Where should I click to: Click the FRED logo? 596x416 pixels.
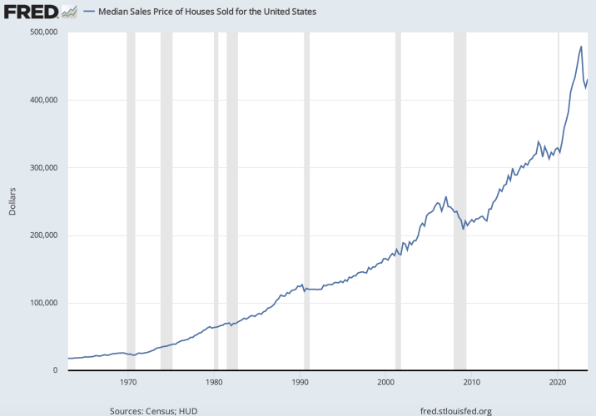pos(32,12)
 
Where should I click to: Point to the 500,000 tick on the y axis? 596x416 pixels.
pos(42,32)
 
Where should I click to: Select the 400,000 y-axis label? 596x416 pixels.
pos(42,100)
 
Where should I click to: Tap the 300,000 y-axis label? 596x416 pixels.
pos(42,167)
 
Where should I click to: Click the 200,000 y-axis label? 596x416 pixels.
pos(42,235)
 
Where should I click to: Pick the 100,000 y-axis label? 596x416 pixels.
pos(42,303)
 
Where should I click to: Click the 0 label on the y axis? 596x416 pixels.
pos(54,370)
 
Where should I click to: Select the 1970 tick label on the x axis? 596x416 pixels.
pos(127,382)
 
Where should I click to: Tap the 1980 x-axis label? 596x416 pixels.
pos(214,382)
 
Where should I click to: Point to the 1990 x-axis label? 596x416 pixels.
pos(300,382)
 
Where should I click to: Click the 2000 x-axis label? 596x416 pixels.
pos(385,382)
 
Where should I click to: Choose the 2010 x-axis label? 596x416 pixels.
pos(471,382)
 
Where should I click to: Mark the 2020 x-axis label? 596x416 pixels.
pos(557,382)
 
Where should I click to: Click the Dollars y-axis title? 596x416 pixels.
pos(12,201)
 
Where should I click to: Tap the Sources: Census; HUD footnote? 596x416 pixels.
pos(153,410)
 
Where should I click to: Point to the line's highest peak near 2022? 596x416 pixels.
pos(580,47)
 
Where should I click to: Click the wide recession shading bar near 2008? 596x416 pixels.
pos(459,200)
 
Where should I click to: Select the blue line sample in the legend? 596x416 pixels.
pos(89,12)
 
